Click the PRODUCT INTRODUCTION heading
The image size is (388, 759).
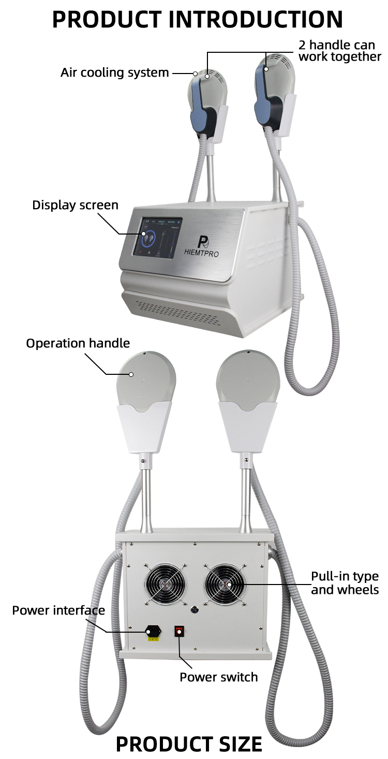[x=197, y=19]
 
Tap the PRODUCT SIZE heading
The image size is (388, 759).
[x=188, y=744]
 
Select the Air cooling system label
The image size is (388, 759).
[x=114, y=72]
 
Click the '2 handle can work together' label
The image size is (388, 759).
[x=339, y=51]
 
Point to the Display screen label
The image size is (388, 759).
[x=75, y=205]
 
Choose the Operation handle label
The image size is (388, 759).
[x=78, y=343]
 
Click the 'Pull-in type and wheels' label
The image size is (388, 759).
[x=345, y=583]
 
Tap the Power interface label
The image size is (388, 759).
[x=58, y=610]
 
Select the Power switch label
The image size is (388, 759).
[x=218, y=677]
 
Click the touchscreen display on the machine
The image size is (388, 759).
[x=157, y=236]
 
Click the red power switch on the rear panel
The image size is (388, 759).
[x=180, y=631]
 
